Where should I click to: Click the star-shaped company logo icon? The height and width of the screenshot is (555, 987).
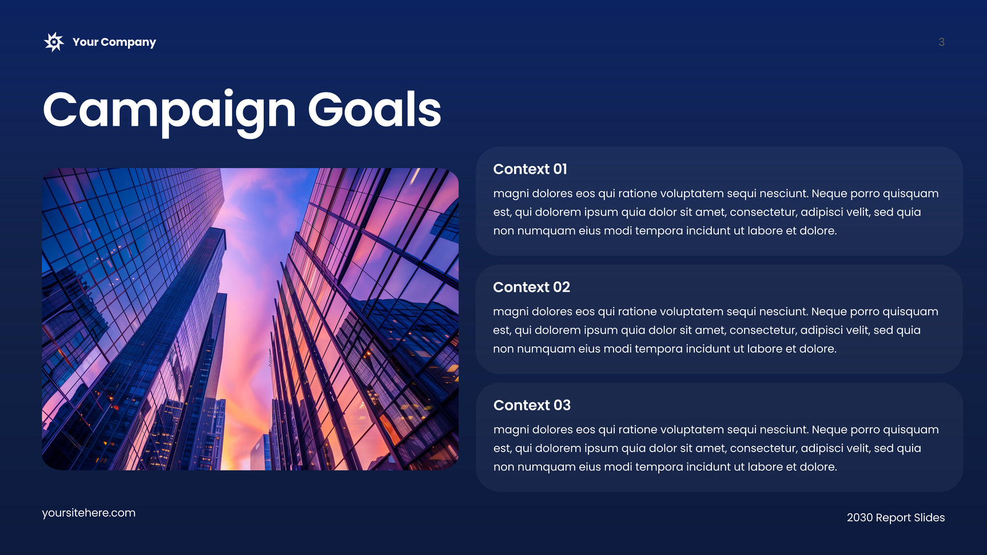pyautogui.click(x=54, y=42)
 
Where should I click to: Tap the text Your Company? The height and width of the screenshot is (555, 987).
pyautogui.click(x=114, y=42)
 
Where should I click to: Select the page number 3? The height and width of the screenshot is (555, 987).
pyautogui.click(x=941, y=42)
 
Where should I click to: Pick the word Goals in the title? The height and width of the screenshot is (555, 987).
pyautogui.click(x=375, y=109)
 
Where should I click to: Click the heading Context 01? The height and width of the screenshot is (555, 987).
pyautogui.click(x=530, y=169)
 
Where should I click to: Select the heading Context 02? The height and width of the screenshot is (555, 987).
pyautogui.click(x=531, y=287)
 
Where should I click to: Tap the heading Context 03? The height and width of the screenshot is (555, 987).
pyautogui.click(x=532, y=405)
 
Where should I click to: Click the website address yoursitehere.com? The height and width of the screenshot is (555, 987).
pyautogui.click(x=89, y=513)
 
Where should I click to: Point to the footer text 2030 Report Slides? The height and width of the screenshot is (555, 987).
pyautogui.click(x=896, y=518)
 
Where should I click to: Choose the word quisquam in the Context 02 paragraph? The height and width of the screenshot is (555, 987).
pyautogui.click(x=910, y=312)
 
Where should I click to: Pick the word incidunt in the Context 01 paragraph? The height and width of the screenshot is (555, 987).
pyautogui.click(x=708, y=231)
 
